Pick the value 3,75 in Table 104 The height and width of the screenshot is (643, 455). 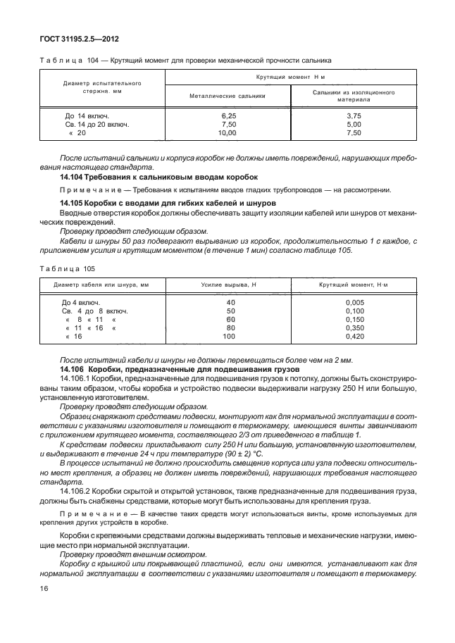pyautogui.click(x=354, y=114)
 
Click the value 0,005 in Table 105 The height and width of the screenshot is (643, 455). pyautogui.click(x=354, y=301)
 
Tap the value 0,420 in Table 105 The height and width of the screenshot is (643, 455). pyautogui.click(x=354, y=337)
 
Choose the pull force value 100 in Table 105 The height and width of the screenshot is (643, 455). pyautogui.click(x=230, y=337)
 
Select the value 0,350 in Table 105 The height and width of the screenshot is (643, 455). pyautogui.click(x=354, y=327)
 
